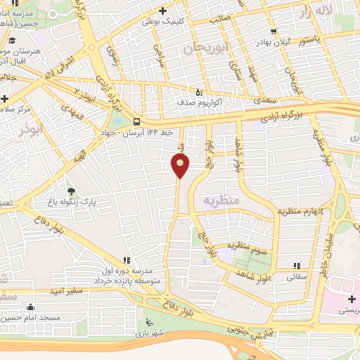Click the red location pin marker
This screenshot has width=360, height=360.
pos(180,166)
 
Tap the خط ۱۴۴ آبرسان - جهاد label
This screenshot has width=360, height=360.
pos(140,133)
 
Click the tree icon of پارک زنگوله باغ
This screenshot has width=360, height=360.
pos(70,191)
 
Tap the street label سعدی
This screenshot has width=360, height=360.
pos(264,101)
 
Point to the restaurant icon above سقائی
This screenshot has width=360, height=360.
pos(296,265)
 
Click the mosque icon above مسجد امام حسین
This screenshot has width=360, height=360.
pos(30,307)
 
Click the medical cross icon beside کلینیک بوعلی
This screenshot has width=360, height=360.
pos(163,11)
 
